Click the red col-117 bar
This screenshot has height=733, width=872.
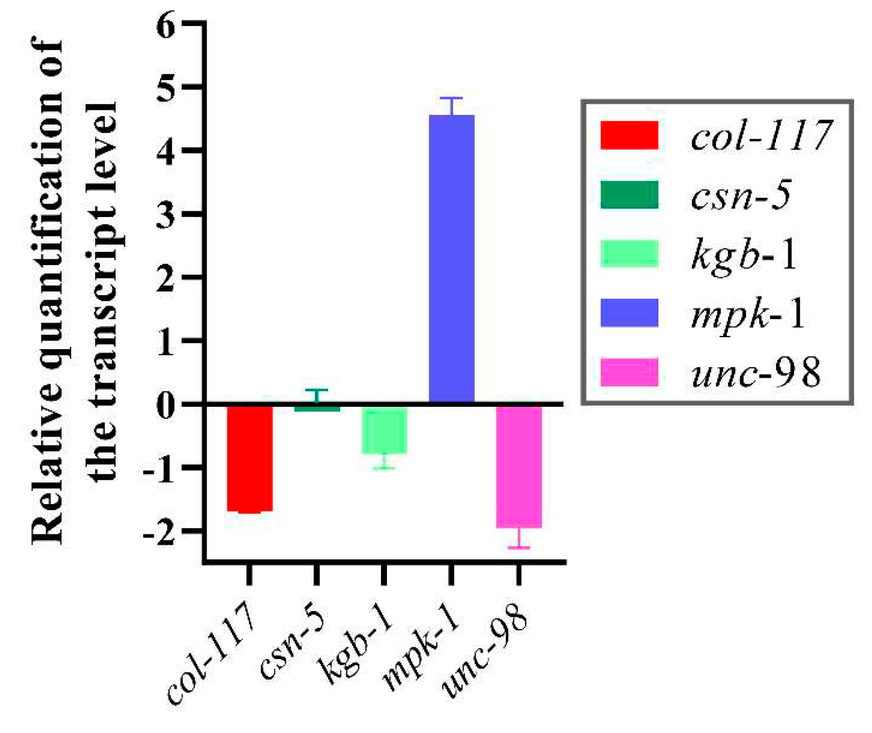pyautogui.click(x=250, y=458)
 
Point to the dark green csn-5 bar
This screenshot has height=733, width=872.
pyautogui.click(x=317, y=408)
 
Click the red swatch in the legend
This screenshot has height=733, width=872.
pyautogui.click(x=629, y=135)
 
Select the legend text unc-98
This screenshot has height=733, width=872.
pyautogui.click(x=756, y=373)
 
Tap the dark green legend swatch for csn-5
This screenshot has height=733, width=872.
pyautogui.click(x=629, y=195)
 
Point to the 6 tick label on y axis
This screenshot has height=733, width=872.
pyautogui.click(x=166, y=26)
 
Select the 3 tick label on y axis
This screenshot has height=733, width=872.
pyautogui.click(x=166, y=215)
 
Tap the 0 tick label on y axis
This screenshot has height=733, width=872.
pyautogui.click(x=166, y=405)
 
